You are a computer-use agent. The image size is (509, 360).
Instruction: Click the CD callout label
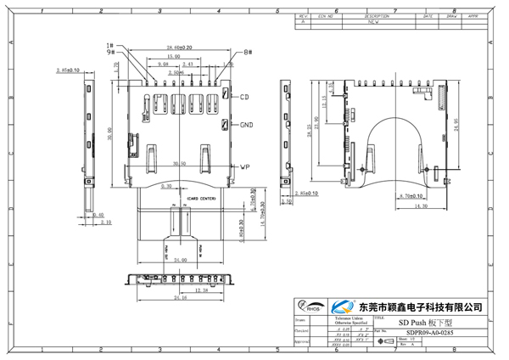point(244,98)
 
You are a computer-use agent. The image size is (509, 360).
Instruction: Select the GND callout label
point(247,125)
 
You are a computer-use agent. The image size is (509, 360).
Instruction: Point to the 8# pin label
point(248,53)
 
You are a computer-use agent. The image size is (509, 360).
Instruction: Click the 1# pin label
point(110,45)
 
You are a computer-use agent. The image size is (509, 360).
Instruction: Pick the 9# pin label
point(110,53)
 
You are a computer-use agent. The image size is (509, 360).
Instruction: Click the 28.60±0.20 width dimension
point(178,48)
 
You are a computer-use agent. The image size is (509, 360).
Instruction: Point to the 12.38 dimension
point(197,290)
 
